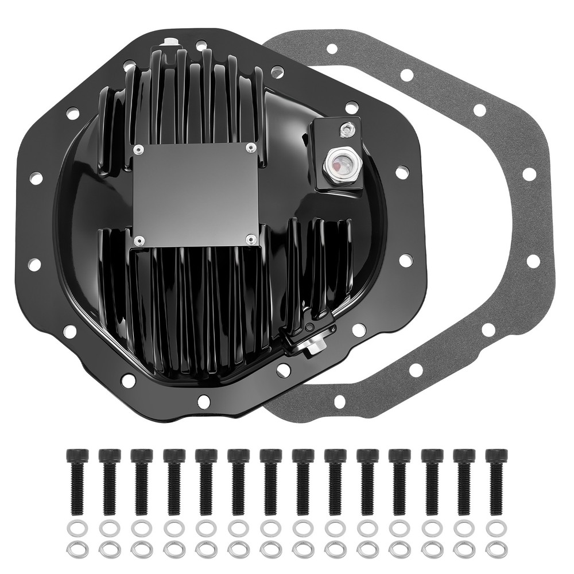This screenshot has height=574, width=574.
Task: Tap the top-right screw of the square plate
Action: (x=250, y=148)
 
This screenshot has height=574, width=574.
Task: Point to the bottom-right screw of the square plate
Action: (x=250, y=238)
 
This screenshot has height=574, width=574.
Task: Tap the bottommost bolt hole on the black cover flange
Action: (x=203, y=400)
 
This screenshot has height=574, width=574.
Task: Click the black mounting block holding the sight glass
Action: (x=338, y=155)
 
